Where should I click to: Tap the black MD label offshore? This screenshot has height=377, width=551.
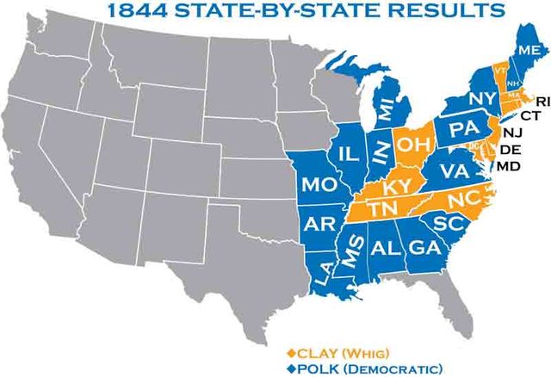coord(511,165)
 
